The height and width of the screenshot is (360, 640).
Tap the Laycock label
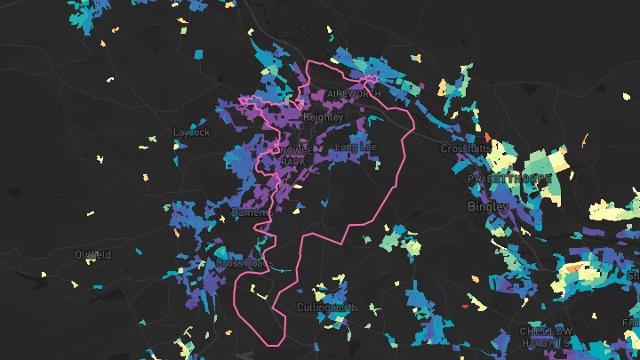click(191, 132)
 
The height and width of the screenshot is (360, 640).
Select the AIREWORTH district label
click(353, 93)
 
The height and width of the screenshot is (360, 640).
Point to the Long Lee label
click(356, 147)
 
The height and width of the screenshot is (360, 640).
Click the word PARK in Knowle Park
click(292, 162)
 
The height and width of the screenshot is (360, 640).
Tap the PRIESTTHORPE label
click(503, 178)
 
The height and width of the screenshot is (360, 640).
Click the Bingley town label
click(488, 206)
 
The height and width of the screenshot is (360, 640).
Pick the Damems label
click(246, 213)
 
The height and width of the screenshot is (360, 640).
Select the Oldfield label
click(93, 255)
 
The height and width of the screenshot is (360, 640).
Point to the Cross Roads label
click(244, 264)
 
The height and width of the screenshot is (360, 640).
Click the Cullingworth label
click(326, 308)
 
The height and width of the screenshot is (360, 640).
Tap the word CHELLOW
click(545, 332)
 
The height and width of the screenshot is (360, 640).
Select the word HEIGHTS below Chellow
click(545, 342)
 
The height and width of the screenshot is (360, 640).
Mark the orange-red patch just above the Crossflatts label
click(488, 136)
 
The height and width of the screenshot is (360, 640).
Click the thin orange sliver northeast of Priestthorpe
click(585, 140)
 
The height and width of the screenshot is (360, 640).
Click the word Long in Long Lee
click(346, 147)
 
